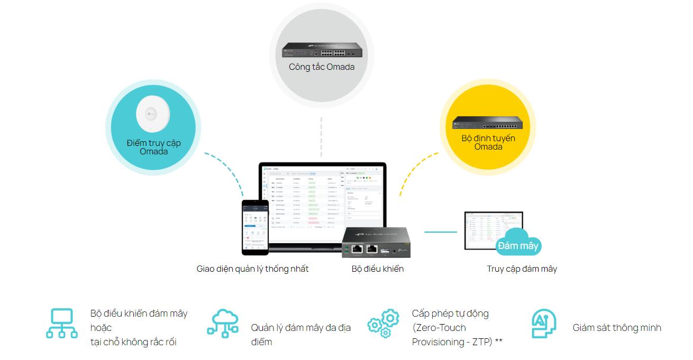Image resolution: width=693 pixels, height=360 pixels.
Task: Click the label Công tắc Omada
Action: tap(322, 67)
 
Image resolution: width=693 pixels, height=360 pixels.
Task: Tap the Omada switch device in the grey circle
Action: tap(322, 50)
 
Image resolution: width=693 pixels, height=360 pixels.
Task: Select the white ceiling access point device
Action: tap(153, 115)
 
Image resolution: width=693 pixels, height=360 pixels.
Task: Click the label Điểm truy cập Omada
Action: tap(153, 147)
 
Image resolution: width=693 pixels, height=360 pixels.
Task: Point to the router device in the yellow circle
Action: tap(487, 122)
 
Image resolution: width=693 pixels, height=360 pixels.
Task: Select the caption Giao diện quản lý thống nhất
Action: tap(252, 269)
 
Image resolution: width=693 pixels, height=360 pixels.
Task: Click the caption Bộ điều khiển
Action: tap(378, 269)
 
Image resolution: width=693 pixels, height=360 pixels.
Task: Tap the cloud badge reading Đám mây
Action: tap(518, 245)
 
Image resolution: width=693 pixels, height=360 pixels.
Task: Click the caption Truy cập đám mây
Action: tap(522, 269)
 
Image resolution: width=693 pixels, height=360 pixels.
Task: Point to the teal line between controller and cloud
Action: tap(440, 232)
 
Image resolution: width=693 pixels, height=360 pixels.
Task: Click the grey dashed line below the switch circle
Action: tap(321, 137)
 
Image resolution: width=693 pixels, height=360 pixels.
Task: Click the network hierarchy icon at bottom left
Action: tap(61, 323)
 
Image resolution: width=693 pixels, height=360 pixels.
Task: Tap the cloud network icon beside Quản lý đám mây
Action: tap(222, 323)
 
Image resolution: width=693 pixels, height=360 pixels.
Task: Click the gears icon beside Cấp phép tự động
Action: tap(383, 323)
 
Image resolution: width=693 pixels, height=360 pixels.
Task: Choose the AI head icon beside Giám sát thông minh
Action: tap(544, 323)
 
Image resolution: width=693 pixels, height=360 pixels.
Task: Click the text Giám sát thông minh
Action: tap(617, 328)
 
